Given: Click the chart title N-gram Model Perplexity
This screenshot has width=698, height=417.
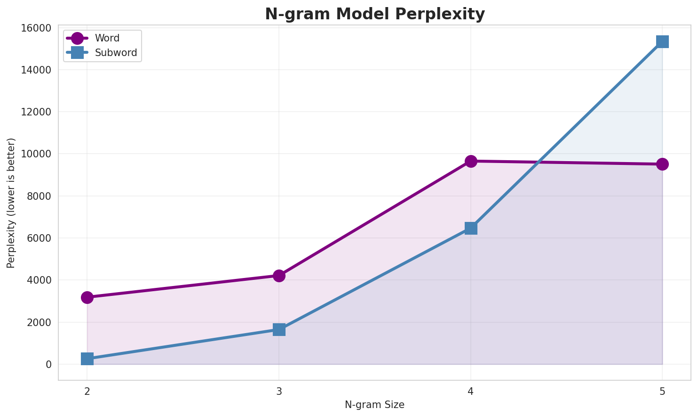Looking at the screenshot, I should coord(374,14).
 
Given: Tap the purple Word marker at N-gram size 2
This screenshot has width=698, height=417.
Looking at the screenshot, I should coord(87,297).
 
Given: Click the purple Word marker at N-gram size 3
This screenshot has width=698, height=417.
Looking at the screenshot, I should coord(279,276).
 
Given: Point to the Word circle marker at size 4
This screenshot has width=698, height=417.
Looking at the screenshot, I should coord(471,161).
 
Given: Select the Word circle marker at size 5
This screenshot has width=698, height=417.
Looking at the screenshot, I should coord(662,164).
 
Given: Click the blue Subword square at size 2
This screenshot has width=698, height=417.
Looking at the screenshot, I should coord(87,359).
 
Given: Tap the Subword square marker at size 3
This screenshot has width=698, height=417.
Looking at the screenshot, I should coord(279,329).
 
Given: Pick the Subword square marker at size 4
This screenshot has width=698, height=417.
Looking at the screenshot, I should coord(471,228).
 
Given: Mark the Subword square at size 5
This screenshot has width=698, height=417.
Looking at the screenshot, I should coord(662,41).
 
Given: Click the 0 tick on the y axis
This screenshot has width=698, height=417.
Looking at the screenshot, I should coord(49,364).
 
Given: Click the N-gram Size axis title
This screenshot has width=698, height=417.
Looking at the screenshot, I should coord(374,405).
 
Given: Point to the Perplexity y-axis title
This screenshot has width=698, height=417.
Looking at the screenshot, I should coord(11,203).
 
